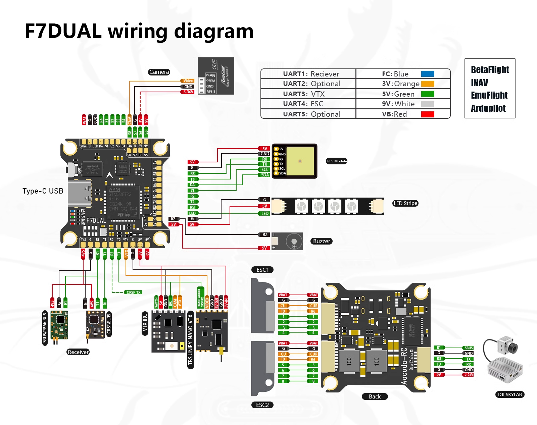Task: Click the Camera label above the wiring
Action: point(159,72)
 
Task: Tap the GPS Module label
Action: point(336,161)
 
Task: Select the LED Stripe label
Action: point(405,203)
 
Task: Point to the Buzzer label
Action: point(322,241)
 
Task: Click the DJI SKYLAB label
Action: point(509,394)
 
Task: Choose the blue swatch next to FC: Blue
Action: point(428,74)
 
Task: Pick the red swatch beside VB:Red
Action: point(428,114)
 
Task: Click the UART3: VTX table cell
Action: point(308,94)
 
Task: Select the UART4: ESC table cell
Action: point(308,104)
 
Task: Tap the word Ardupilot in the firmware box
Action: point(488,108)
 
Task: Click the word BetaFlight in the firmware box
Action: point(490,70)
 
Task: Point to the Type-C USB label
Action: point(43,191)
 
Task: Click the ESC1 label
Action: point(262,270)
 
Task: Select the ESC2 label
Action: point(262,405)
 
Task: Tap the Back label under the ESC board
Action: point(375,396)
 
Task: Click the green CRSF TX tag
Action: point(134,293)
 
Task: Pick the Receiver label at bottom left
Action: point(78,352)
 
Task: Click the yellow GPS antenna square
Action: point(300,161)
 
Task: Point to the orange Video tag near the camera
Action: point(188,81)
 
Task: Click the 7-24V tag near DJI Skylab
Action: point(469,375)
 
